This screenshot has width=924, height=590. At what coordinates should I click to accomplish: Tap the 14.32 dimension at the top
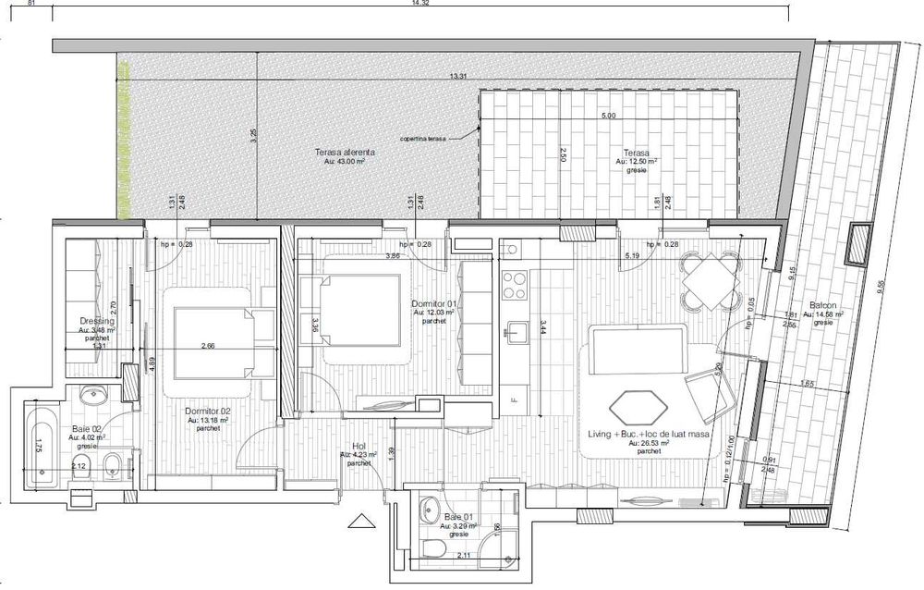coord(449,5)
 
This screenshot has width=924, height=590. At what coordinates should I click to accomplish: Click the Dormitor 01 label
coord(436,303)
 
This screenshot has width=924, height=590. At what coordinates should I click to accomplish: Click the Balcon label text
coord(824,305)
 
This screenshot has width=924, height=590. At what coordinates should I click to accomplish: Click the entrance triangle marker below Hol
coord(356,521)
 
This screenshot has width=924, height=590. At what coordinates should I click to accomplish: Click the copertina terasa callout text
coord(422,139)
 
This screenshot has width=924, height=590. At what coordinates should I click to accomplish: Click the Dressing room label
coord(96,322)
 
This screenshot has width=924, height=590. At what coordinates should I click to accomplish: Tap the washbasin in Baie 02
coord(93,397)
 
